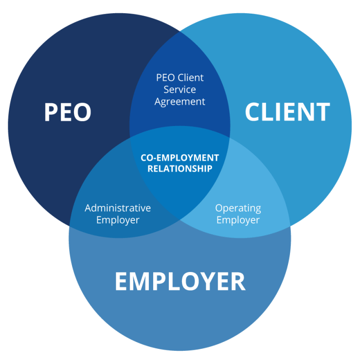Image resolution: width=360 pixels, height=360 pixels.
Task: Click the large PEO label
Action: point(68,112)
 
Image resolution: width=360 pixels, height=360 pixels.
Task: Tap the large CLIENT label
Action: point(287,112)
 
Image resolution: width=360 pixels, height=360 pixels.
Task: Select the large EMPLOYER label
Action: point(180,281)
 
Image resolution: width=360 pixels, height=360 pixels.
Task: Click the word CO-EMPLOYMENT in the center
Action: point(180,158)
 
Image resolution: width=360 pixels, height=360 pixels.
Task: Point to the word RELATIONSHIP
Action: point(180,169)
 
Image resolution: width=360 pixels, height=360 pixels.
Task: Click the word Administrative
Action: point(118,208)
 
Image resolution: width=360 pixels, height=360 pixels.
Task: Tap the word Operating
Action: point(238,208)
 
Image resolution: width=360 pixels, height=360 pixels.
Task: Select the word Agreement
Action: point(180,102)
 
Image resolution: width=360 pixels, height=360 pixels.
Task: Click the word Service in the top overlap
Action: point(180,90)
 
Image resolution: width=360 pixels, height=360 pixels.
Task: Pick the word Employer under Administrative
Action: point(118,220)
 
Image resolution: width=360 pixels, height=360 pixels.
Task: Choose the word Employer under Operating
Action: point(238,220)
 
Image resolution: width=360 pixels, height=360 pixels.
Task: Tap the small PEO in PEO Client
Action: point(165,78)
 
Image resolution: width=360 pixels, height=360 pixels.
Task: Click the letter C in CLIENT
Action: point(253,112)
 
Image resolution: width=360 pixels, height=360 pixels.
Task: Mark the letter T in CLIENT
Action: point(323,112)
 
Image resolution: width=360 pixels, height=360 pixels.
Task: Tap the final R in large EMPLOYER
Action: point(238,281)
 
